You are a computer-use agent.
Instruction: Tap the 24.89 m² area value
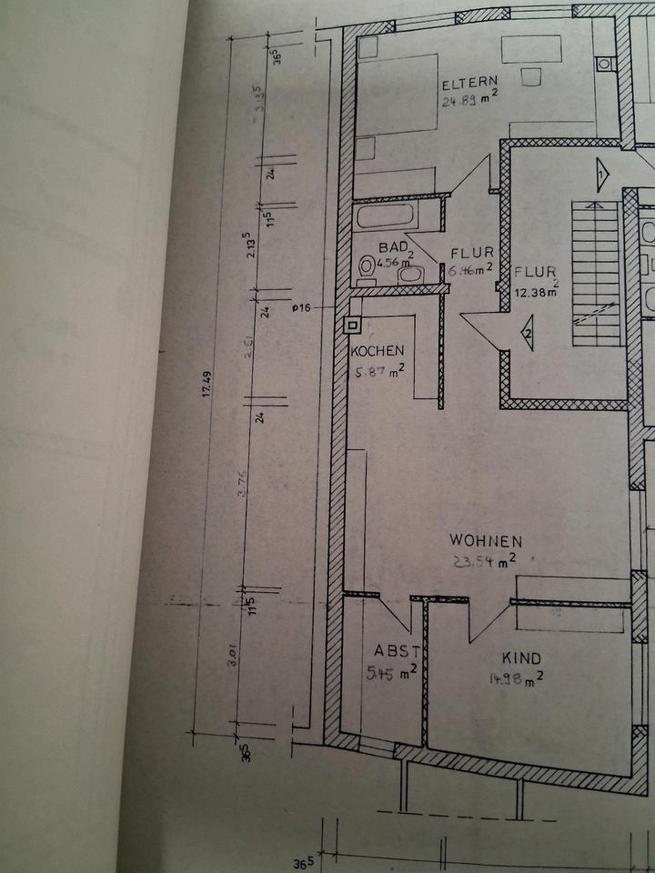[469, 101]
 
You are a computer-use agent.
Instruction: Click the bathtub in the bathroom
[384, 217]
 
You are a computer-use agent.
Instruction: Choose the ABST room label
[397, 651]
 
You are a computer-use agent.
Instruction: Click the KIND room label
[521, 657]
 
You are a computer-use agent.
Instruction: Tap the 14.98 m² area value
[516, 677]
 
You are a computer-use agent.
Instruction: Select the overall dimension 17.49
[207, 386]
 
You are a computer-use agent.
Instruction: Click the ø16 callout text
[302, 308]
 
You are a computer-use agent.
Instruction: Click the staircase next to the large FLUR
[596, 273]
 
